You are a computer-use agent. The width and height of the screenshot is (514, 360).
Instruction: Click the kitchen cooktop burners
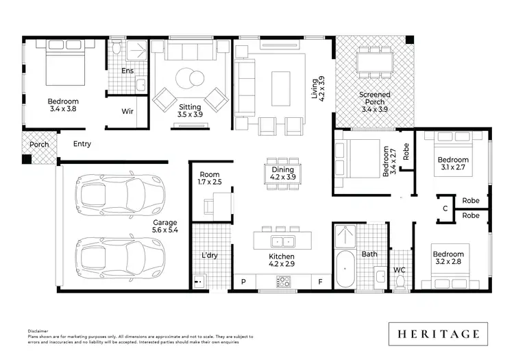pos(283,281)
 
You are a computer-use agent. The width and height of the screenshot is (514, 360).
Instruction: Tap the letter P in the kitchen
pos(243,281)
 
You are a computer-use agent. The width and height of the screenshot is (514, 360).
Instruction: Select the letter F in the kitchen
pos(320,281)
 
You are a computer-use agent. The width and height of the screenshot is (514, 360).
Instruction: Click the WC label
pos(399,270)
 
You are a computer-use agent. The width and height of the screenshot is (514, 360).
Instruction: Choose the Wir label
pos(127,110)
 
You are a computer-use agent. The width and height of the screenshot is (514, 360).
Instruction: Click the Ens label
pos(127,71)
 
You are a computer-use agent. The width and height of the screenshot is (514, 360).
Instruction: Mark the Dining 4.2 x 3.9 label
pos(282,173)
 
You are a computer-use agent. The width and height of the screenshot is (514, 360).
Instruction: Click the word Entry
pos(82,144)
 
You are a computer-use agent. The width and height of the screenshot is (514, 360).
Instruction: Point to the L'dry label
pos(209,255)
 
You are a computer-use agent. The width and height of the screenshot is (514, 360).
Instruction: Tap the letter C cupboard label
pos(445,208)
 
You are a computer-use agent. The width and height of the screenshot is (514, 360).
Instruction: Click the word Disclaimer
pos(38,330)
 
